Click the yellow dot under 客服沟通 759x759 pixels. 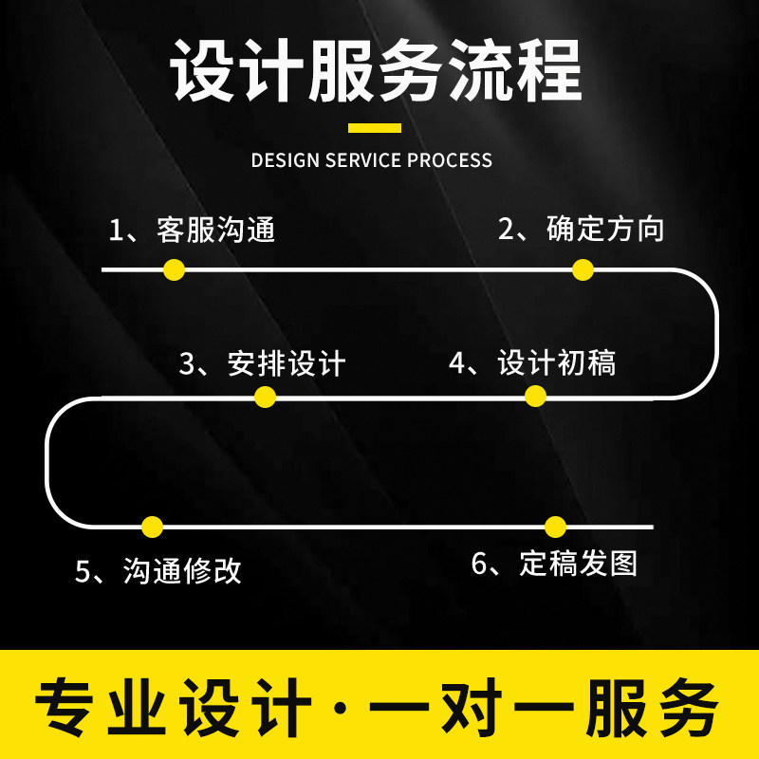173,269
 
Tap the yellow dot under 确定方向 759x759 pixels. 583,269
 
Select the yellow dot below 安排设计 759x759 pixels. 266,398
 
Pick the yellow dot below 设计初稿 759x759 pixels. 536,398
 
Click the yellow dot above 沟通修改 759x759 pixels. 153,527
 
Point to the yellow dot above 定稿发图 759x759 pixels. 556,527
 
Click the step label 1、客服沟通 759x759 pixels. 192,231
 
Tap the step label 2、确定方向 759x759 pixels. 582,230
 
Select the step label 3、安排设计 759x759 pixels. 263,363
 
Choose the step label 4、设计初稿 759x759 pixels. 532,362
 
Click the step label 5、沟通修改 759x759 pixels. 159,570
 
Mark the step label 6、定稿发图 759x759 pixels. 554,564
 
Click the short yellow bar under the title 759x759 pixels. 375,127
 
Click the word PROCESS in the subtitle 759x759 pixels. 450,159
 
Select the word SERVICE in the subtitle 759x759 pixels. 364,159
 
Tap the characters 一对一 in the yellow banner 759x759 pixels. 469,707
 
